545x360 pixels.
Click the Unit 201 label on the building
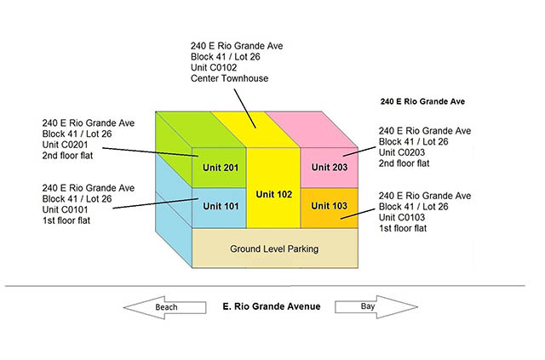click(x=221, y=168)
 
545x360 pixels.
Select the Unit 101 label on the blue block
click(x=221, y=206)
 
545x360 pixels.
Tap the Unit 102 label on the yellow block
click(x=274, y=194)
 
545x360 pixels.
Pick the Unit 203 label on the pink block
click(x=330, y=167)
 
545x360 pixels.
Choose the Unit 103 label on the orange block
click(x=329, y=206)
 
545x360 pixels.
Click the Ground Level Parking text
click(x=274, y=249)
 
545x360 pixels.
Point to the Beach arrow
click(x=164, y=307)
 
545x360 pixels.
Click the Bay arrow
click(x=376, y=307)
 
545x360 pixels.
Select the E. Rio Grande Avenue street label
click(x=272, y=306)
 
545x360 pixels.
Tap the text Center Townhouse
click(x=229, y=78)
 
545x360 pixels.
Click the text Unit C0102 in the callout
click(x=214, y=67)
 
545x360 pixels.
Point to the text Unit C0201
click(x=65, y=145)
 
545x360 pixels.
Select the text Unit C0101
click(x=65, y=209)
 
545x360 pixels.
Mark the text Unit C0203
click(x=402, y=152)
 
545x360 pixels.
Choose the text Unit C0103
click(x=402, y=218)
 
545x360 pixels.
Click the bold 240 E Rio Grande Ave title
click(x=422, y=101)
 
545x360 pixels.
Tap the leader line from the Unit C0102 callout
click(x=245, y=108)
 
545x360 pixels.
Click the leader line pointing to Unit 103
click(x=358, y=214)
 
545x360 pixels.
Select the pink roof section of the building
click(x=312, y=129)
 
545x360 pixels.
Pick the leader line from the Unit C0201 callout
click(x=150, y=152)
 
